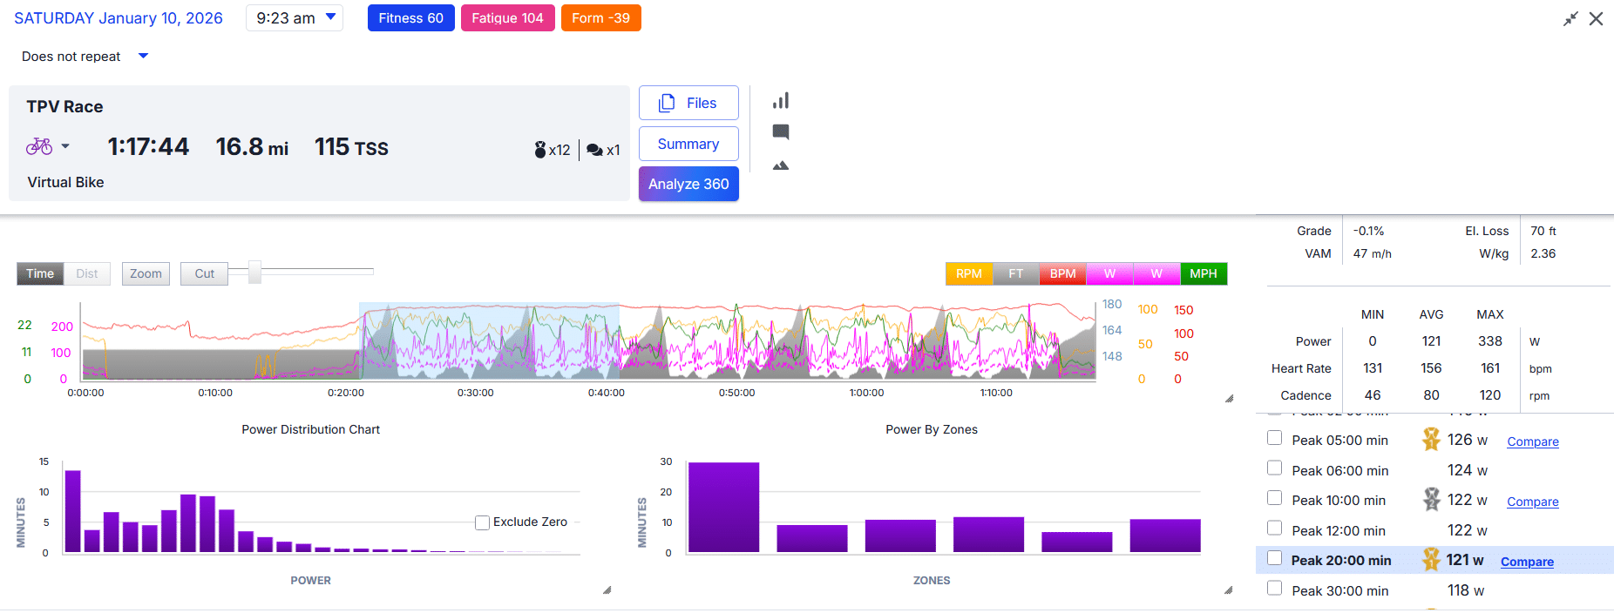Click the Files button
click(688, 103)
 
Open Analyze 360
click(688, 184)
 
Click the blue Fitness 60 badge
click(410, 18)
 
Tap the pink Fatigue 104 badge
click(507, 18)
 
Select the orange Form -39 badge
click(600, 18)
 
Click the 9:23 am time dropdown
click(295, 18)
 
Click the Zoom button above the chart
click(146, 273)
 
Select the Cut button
click(204, 273)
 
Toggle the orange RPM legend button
click(968, 273)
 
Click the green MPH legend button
click(1203, 273)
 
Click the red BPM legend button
click(1062, 273)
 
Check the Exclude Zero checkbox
click(482, 522)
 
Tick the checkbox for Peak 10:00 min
click(1274, 498)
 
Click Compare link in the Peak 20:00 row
click(1527, 562)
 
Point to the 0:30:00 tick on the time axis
click(475, 393)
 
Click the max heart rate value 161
click(1489, 368)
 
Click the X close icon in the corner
click(1596, 18)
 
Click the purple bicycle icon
click(39, 146)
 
